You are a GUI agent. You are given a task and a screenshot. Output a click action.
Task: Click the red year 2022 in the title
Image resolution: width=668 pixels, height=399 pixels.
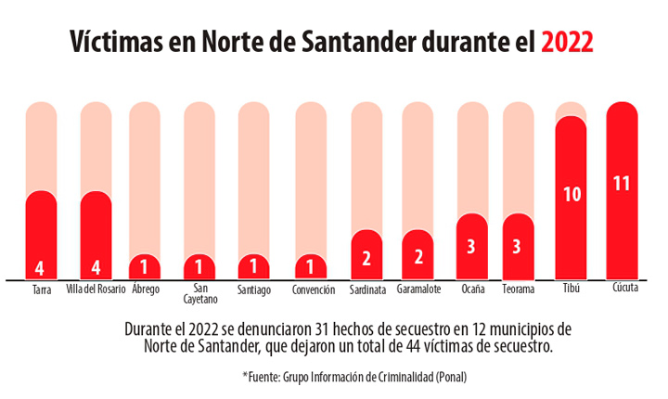point(567,43)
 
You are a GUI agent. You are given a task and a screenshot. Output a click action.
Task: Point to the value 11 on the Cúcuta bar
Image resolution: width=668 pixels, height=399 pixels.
point(622,183)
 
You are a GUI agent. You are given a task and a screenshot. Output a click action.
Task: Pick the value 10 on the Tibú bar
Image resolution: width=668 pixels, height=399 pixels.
point(572,194)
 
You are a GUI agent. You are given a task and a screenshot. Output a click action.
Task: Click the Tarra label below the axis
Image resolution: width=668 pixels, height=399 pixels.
point(42,290)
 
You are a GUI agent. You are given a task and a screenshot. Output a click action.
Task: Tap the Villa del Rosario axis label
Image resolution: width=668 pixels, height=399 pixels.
point(96,290)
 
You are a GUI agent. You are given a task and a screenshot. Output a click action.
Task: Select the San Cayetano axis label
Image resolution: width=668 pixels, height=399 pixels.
point(199,294)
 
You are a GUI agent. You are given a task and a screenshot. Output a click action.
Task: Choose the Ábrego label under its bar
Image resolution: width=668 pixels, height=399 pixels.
point(146,290)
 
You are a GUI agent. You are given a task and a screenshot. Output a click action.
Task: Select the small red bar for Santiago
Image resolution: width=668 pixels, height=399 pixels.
point(253,267)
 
